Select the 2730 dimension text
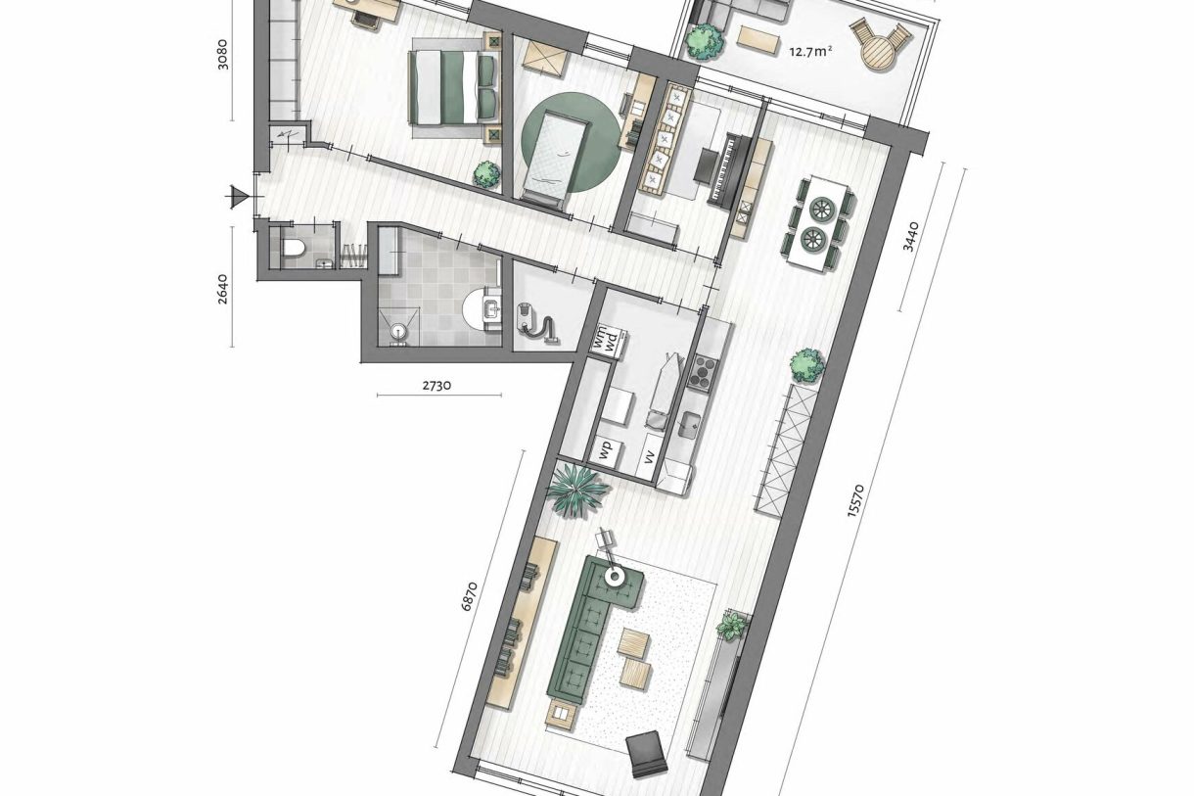pos(436,385)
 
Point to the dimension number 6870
pos(471,595)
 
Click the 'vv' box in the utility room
pos(649,456)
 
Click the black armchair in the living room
pos(647,751)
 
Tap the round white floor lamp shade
pos(615,577)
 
